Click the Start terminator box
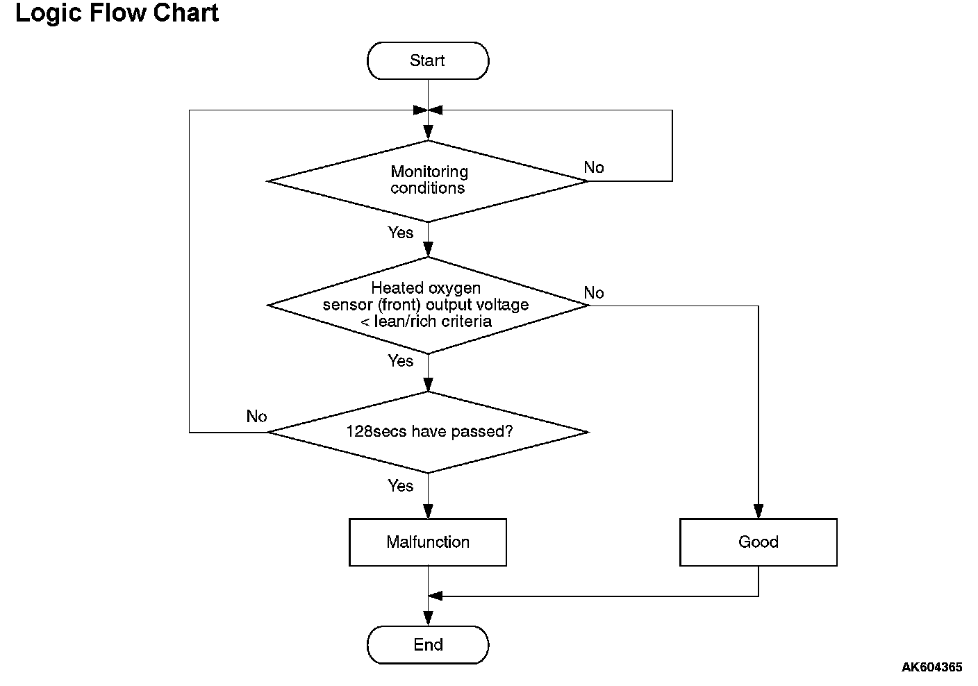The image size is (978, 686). point(428,60)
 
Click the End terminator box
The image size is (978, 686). point(428,645)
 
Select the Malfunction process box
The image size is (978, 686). point(428,542)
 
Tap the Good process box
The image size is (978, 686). point(759,542)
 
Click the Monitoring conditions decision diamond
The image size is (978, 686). point(428,181)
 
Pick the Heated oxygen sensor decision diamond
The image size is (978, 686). point(428,306)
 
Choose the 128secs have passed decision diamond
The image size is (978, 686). point(428,432)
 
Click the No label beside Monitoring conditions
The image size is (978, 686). point(594,167)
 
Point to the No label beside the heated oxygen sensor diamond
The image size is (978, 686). point(594,293)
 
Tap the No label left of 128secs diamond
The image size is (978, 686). point(256,417)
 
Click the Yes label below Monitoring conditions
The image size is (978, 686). point(400,233)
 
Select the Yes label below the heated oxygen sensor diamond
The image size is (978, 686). point(400,361)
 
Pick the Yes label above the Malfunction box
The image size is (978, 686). point(400,486)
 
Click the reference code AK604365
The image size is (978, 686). point(931,667)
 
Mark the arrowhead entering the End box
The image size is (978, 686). point(428,619)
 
